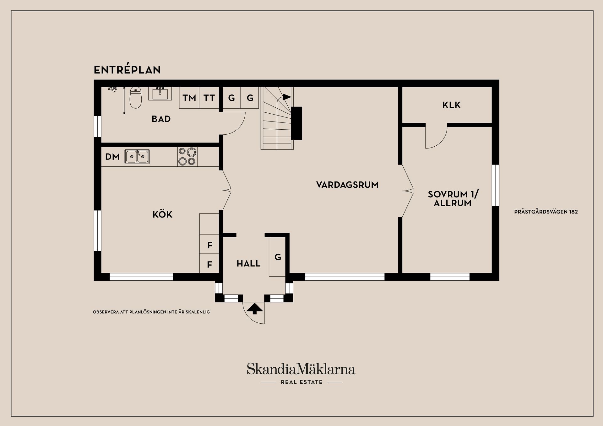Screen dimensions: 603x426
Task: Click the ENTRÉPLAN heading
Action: (127, 70)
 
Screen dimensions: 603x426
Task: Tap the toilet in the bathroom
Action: (136, 98)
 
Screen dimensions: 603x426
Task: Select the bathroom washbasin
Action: (160, 93)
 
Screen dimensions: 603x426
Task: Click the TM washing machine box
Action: (189, 98)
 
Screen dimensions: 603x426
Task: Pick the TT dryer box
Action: (209, 98)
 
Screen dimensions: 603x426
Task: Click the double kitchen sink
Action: (137, 156)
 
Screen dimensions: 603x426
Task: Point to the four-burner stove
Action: (187, 156)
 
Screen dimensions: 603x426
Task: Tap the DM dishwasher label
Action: (112, 157)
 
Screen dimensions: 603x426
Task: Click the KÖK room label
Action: (162, 214)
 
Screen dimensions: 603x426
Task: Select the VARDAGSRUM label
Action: (347, 185)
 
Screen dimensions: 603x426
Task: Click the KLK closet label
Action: (452, 105)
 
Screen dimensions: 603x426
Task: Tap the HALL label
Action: (248, 263)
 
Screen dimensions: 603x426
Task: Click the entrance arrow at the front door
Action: (254, 308)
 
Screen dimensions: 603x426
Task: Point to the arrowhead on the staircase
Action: (286, 97)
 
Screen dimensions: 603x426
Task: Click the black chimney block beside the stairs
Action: (296, 123)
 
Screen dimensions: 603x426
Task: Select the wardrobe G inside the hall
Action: (277, 257)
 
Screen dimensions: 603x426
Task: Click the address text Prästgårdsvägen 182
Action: (546, 212)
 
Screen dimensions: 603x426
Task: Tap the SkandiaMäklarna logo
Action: (301, 373)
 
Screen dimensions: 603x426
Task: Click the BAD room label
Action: (161, 119)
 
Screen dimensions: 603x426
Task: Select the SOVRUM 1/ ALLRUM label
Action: (453, 198)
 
